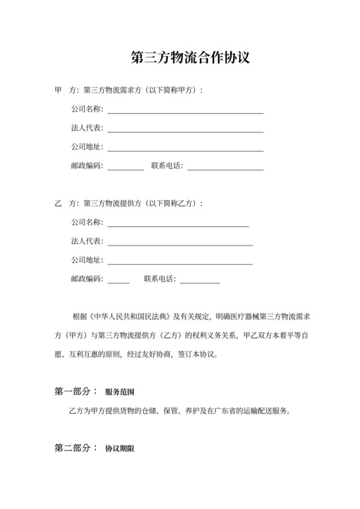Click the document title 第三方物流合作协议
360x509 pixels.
[190, 58]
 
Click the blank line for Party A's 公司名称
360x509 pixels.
[185, 112]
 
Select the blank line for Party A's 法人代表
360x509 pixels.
[185, 130]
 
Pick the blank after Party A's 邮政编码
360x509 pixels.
[125, 168]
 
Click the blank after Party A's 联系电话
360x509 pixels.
[225, 168]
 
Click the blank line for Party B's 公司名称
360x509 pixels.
[178, 226]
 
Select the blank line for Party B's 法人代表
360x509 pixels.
[180, 244]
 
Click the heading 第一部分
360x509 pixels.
[75, 391]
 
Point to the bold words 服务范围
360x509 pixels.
[120, 391]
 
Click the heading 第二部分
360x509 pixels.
[75, 448]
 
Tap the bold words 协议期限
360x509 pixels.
[120, 449]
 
